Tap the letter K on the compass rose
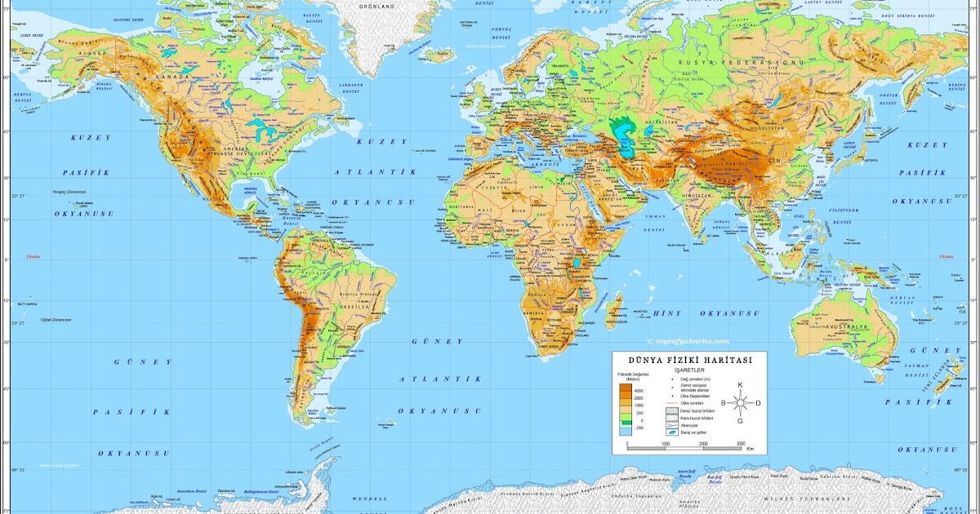[741, 384]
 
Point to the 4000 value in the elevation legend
[639, 392]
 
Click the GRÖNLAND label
[376, 7]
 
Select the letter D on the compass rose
[758, 402]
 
